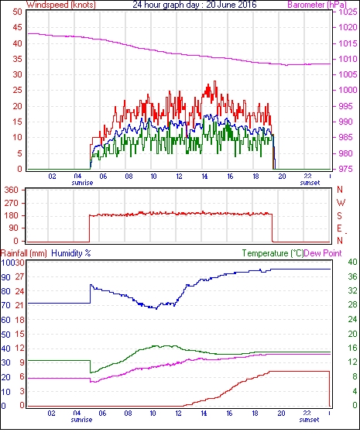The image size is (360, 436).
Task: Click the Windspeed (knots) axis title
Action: coord(61,5)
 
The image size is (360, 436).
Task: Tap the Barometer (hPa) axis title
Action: coord(317,5)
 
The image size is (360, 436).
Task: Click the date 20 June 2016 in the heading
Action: coord(231,5)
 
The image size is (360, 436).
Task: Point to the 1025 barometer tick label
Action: coord(348,12)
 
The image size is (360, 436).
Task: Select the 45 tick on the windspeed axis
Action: coord(17,28)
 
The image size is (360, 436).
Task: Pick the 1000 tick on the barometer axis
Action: coord(348,90)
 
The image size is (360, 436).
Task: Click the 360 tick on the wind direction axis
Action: coord(11,191)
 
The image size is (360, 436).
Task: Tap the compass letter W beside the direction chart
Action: coord(341,203)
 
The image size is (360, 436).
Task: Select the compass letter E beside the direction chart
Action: coord(339,228)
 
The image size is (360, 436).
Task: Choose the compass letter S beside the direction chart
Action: coord(339,216)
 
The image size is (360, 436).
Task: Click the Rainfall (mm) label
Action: coord(24,253)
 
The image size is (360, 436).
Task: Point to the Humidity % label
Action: coord(71,253)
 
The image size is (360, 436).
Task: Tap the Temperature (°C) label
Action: coord(273,253)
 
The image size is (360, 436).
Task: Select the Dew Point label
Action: coord(323,253)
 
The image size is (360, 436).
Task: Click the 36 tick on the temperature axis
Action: coord(352,276)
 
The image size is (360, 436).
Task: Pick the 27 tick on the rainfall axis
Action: coord(21,276)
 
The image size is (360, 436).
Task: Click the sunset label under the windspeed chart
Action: coord(310,183)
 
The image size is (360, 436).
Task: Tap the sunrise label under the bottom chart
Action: coord(81,420)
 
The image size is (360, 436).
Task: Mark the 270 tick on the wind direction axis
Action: coord(11,203)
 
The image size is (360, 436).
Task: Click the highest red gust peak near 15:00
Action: coord(214,81)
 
